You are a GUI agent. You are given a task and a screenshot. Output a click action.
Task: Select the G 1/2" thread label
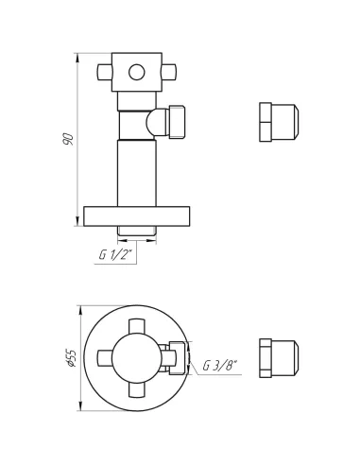[114, 255]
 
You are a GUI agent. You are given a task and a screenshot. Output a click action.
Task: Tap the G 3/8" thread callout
[219, 366]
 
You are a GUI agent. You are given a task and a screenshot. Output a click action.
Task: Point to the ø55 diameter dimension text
[70, 359]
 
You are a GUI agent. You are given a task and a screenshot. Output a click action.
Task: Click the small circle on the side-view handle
[137, 71]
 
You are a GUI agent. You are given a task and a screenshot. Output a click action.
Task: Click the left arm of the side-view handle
[105, 71]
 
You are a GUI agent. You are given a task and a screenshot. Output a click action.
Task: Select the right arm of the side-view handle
[169, 71]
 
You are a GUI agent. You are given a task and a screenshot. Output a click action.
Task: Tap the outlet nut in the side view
[180, 122]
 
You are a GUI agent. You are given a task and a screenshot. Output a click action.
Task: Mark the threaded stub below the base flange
[137, 232]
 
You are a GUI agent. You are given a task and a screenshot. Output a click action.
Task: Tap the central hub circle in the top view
[137, 358]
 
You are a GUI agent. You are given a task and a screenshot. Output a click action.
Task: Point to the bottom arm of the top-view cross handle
[137, 390]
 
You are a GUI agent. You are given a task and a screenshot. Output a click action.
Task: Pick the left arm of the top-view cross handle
[105, 358]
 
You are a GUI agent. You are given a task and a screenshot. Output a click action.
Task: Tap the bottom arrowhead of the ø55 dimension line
[78, 408]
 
